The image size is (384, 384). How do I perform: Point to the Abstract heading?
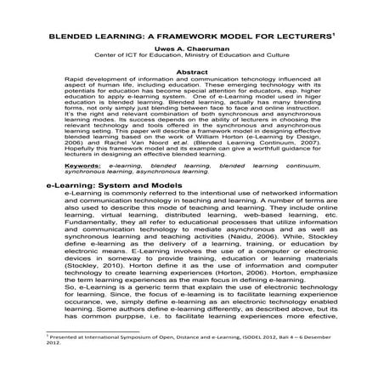(191, 73)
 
